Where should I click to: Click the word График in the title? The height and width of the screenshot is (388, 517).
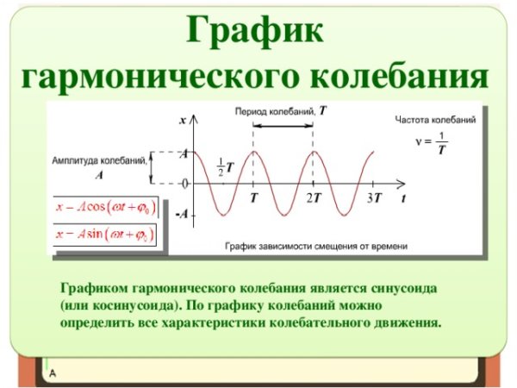pyautogui.click(x=256, y=33)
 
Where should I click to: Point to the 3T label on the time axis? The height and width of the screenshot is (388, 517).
pyautogui.click(x=373, y=198)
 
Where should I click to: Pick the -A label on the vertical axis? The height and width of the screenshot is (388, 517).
pyautogui.click(x=182, y=214)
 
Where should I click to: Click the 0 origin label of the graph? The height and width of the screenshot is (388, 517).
pyautogui.click(x=184, y=183)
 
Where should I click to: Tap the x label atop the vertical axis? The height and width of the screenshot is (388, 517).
pyautogui.click(x=183, y=122)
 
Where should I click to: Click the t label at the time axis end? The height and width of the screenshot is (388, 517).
pyautogui.click(x=403, y=198)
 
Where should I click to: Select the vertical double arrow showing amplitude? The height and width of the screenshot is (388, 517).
pyautogui.click(x=152, y=168)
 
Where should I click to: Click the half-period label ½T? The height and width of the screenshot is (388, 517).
pyautogui.click(x=225, y=167)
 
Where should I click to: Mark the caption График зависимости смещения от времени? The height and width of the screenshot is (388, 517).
pyautogui.click(x=316, y=246)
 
